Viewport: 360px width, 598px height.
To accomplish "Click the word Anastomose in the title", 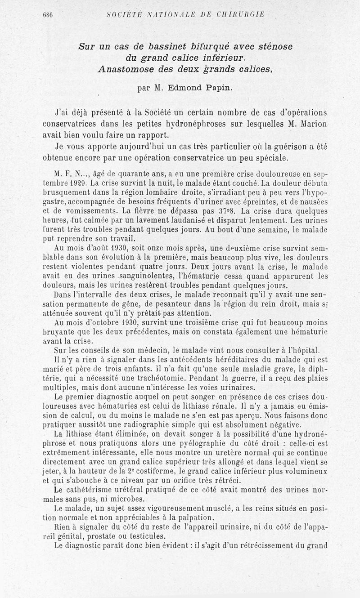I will coord(126,69).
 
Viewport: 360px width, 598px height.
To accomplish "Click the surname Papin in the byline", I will coord(219,88).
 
